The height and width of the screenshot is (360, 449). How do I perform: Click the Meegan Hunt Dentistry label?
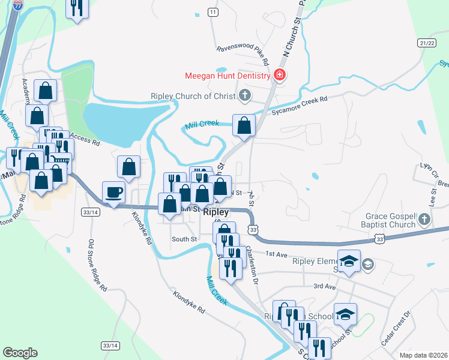228,76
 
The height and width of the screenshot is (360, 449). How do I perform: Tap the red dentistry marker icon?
279,76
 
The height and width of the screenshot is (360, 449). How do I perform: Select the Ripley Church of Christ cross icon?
244,95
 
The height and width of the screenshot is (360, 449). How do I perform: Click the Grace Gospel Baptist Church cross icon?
424,220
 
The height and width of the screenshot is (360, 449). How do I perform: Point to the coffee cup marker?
114,192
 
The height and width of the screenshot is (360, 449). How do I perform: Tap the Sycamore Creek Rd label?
299,106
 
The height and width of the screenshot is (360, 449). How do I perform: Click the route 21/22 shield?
427,43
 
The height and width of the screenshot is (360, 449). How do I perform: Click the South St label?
184,239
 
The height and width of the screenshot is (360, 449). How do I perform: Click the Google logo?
20,353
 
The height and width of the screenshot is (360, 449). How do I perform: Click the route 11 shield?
212,12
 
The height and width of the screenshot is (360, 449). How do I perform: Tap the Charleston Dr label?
253,266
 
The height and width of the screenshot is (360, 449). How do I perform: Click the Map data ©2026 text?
423,355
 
